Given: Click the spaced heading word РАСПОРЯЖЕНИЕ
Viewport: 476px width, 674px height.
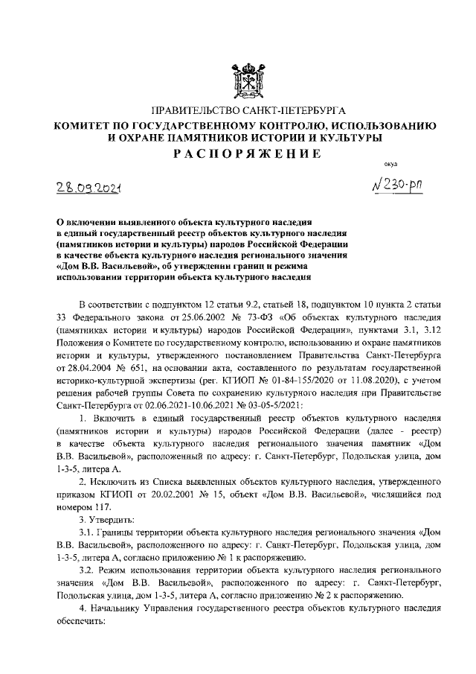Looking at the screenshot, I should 246,154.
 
